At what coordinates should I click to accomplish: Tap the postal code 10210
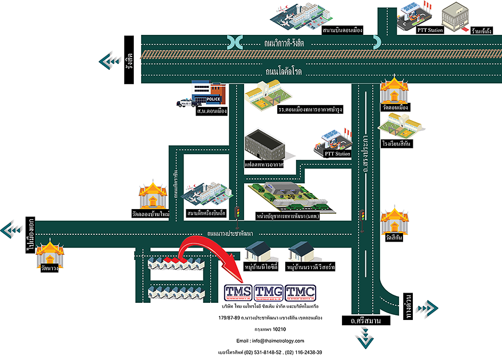279,329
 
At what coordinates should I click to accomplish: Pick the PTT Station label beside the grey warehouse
337,153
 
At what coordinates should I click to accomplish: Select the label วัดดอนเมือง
395,107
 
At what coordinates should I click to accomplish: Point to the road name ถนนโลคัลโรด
284,72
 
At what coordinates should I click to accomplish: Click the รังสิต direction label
130,60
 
